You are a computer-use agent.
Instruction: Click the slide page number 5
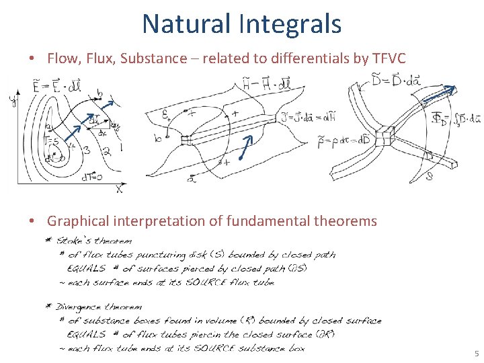pyautogui.click(x=476, y=354)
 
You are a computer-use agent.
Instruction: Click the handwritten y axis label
pyautogui.click(x=11, y=101)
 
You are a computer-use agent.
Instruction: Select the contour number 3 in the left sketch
pyautogui.click(x=87, y=149)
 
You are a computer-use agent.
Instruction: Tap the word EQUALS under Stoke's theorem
pyautogui.click(x=87, y=269)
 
